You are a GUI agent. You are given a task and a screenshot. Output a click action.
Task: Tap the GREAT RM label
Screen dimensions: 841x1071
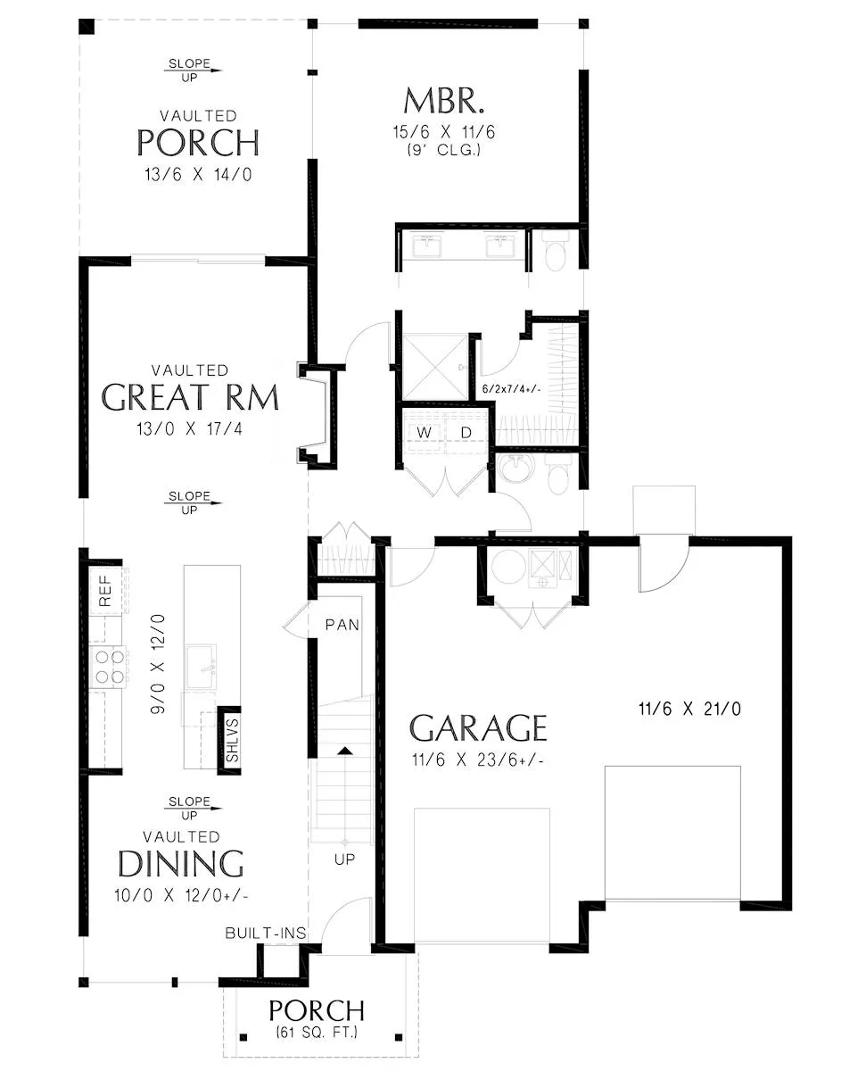(190, 397)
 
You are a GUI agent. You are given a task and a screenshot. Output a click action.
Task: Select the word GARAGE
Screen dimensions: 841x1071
(478, 728)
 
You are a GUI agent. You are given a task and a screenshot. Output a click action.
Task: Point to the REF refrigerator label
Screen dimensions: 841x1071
(105, 591)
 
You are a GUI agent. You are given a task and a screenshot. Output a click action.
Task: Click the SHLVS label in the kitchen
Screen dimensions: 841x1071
(232, 740)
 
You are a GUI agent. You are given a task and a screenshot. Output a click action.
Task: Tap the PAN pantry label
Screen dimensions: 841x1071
(342, 625)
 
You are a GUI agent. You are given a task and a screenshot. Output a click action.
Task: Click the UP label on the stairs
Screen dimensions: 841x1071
(344, 859)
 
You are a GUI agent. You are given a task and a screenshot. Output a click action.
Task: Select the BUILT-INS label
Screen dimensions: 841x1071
(266, 933)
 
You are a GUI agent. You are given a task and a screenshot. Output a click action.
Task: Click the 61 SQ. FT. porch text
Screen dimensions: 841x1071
(317, 1032)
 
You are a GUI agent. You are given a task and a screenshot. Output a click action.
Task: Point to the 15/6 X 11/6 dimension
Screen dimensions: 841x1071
(443, 132)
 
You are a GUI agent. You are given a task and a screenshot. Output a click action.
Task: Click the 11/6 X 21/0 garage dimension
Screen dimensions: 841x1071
(689, 709)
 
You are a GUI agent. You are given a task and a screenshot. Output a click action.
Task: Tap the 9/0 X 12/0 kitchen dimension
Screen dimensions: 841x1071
(158, 663)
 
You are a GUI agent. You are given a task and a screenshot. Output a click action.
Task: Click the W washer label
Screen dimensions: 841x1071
(424, 432)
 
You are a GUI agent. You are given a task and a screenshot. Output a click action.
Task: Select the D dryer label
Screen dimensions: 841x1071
(466, 432)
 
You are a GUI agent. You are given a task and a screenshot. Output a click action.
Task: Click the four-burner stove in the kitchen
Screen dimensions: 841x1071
(110, 667)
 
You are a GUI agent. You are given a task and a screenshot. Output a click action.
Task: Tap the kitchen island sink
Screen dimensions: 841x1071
(201, 667)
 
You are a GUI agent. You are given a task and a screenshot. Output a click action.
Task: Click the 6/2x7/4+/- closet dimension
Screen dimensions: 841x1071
(512, 389)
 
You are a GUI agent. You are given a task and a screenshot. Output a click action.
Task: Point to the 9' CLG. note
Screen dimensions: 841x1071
(443, 150)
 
